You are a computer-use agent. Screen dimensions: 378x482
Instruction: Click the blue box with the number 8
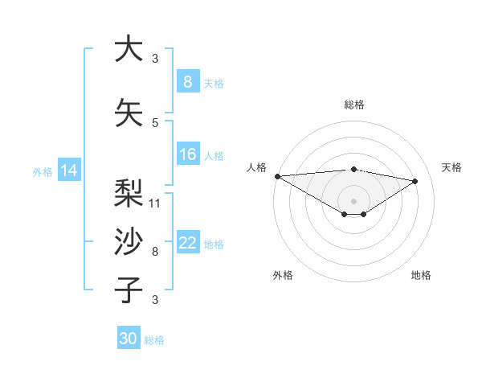tap(187, 82)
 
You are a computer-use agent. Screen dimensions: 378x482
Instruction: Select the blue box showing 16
tap(187, 154)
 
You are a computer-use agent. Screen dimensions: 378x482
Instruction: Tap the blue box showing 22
tap(187, 243)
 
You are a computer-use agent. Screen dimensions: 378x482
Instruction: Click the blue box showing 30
tap(129, 339)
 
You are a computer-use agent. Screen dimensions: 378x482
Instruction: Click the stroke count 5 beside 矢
tap(155, 122)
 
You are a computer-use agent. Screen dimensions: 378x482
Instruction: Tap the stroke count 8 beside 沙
tap(155, 252)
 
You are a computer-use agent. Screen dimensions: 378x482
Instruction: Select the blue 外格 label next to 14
tap(43, 171)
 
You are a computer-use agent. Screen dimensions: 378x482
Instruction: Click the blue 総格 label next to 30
tap(154, 340)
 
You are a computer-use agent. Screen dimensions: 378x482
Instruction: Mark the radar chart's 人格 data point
tap(277, 176)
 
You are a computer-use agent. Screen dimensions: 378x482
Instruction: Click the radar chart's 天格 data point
tap(415, 181)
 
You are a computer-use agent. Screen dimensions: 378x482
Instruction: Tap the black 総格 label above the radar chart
tap(354, 105)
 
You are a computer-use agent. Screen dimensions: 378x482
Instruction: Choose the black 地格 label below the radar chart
tap(421, 275)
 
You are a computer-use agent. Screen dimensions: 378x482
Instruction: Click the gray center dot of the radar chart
tap(353, 199)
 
